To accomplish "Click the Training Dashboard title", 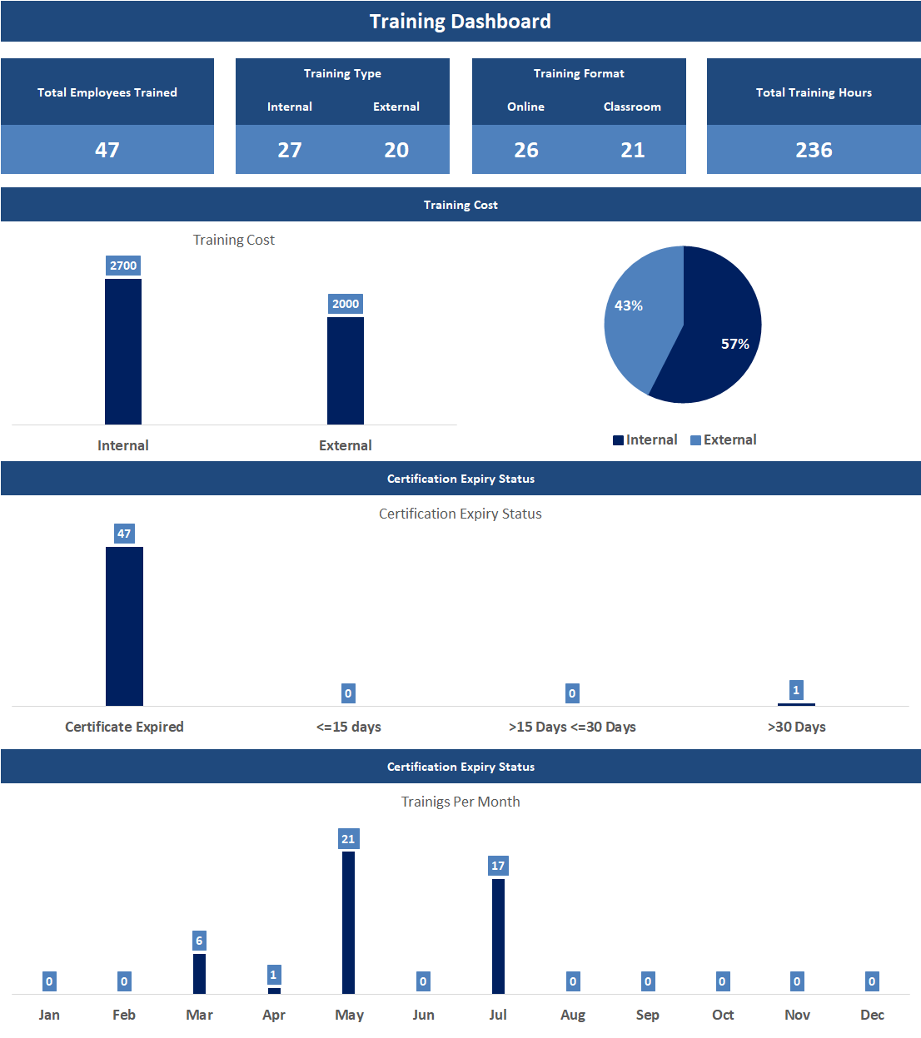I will click(460, 22).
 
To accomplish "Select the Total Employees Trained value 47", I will click(107, 150).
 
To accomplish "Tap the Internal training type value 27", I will click(290, 150).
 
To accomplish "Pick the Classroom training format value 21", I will click(633, 150).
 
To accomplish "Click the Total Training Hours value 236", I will click(814, 150).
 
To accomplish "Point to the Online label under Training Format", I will click(525, 107).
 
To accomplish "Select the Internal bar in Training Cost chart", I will click(123, 351).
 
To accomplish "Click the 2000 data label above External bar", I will click(346, 304).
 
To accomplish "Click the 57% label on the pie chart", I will click(734, 344).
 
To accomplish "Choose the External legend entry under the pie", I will click(724, 440).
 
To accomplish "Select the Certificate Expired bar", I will click(124, 626).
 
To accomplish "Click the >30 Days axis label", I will click(796, 727).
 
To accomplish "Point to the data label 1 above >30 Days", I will click(796, 690).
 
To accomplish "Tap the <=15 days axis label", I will click(348, 727).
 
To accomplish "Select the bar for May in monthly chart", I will click(348, 922).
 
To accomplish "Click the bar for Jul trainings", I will click(498, 936).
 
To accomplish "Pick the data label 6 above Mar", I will click(199, 941).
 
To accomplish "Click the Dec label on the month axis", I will click(872, 1015).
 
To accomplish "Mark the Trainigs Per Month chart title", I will click(460, 802).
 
